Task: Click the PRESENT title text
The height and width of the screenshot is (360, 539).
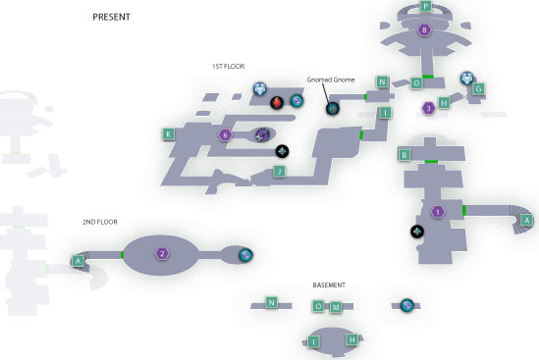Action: pyautogui.click(x=111, y=17)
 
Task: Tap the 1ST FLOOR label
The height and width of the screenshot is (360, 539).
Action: pyautogui.click(x=228, y=67)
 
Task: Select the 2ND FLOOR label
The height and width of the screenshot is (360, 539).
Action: pyautogui.click(x=100, y=222)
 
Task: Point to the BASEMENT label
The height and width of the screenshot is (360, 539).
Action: pyautogui.click(x=329, y=285)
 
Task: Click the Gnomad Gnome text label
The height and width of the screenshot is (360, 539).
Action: pyautogui.click(x=330, y=79)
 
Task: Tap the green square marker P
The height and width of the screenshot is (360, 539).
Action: pyautogui.click(x=425, y=6)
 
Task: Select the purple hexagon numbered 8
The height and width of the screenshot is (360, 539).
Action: pyautogui.click(x=424, y=29)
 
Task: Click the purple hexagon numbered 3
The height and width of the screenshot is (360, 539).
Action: pyautogui.click(x=428, y=109)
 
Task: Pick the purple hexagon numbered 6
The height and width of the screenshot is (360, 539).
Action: pyautogui.click(x=225, y=135)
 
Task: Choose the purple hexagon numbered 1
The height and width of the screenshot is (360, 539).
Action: pyautogui.click(x=438, y=212)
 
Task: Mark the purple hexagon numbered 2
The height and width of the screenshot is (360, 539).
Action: pyautogui.click(x=162, y=254)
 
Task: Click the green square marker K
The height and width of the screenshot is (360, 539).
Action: pyautogui.click(x=169, y=134)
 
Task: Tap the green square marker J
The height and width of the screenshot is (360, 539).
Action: pyautogui.click(x=279, y=171)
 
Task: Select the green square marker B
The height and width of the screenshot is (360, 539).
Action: pyautogui.click(x=404, y=155)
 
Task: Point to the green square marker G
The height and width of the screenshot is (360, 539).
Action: pyautogui.click(x=478, y=88)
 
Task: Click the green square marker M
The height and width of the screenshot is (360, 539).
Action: pyautogui.click(x=336, y=307)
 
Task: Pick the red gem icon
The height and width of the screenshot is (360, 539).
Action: pyautogui.click(x=277, y=102)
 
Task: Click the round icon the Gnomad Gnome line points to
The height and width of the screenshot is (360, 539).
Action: pyautogui.click(x=333, y=109)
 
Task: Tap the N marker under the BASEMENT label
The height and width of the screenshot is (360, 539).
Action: pyautogui.click(x=271, y=303)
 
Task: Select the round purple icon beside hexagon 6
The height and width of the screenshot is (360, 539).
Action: pyautogui.click(x=262, y=134)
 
